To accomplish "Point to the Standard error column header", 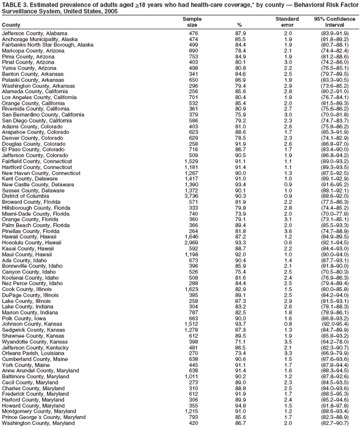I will (x=287, y=22).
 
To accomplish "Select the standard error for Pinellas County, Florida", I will (x=288, y=231).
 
